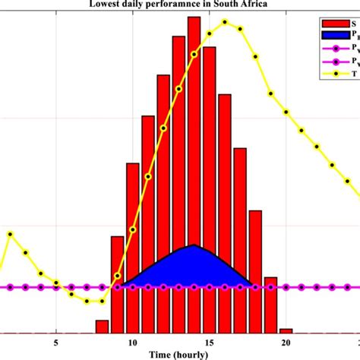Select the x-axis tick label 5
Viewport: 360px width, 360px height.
[x=56, y=342]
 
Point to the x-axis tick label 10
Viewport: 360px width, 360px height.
[x=132, y=342]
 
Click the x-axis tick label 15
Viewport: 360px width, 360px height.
[x=209, y=342]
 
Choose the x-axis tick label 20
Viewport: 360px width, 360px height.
[x=286, y=342]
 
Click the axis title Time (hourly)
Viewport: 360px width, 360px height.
[x=179, y=354]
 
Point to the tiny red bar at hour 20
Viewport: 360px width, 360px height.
[x=286, y=331]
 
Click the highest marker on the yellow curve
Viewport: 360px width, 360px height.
[x=225, y=22]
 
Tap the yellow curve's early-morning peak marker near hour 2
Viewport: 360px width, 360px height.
[x=11, y=234]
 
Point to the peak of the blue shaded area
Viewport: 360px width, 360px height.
[x=194, y=245]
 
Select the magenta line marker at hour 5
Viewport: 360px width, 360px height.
[x=56, y=288]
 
